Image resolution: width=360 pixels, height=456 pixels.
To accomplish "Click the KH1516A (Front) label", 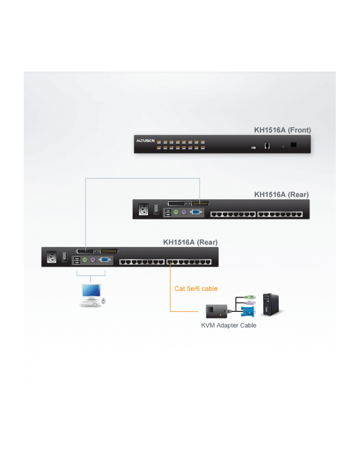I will click(x=281, y=130).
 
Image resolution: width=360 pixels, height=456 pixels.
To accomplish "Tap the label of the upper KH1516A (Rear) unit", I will click(x=281, y=195).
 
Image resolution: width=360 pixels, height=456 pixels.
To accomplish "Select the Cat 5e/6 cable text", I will click(x=196, y=289).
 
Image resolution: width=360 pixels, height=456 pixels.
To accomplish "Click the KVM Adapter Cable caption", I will click(x=228, y=325).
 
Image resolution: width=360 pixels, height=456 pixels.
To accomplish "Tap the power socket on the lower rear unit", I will click(x=51, y=257).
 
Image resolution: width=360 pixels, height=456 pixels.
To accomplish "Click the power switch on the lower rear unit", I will click(x=65, y=256).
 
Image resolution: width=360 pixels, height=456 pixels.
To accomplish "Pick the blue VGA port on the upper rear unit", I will click(x=195, y=212).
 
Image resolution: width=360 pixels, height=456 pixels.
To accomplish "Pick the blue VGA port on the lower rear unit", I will click(x=104, y=260).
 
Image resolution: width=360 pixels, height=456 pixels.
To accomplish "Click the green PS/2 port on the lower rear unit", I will click(x=85, y=260).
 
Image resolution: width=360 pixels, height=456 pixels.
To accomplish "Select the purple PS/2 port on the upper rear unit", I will click(x=184, y=212).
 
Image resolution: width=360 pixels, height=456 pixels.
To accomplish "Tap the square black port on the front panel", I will click(x=293, y=145).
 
